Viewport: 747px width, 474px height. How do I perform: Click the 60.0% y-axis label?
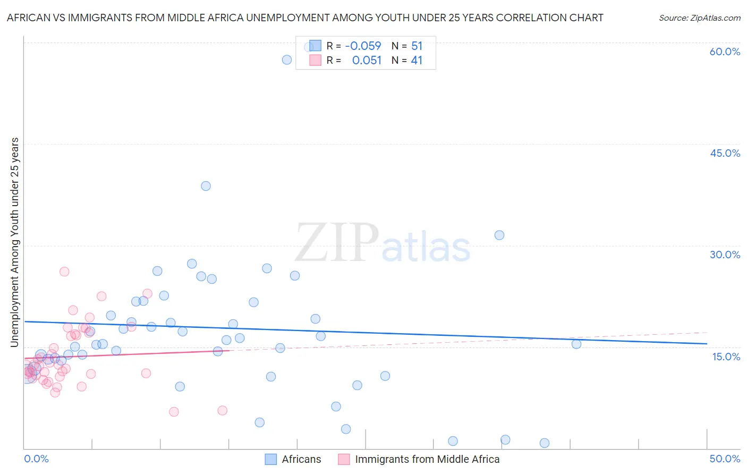[x=725, y=52]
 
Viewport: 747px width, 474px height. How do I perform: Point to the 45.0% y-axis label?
[x=725, y=153]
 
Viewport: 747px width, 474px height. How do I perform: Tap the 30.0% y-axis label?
[x=725, y=255]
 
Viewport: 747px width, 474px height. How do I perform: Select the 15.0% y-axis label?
[x=726, y=357]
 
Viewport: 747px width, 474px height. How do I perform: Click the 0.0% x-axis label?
[x=36, y=459]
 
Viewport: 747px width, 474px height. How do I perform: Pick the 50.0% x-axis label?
[x=725, y=459]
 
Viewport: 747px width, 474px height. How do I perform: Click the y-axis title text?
[x=14, y=242]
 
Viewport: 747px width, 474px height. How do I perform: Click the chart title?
[x=305, y=18]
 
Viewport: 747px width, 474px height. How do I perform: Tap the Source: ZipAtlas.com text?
[x=699, y=18]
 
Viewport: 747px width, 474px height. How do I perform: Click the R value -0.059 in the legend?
[x=363, y=46]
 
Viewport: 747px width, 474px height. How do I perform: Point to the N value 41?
[x=417, y=61]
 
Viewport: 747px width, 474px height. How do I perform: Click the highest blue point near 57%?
[x=287, y=60]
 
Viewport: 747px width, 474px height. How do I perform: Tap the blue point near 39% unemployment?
[x=206, y=186]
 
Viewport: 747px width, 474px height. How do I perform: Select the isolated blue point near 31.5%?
[x=499, y=235]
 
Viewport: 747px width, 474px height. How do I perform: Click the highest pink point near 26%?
[x=64, y=272]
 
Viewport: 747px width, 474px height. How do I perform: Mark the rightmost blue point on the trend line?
[x=576, y=344]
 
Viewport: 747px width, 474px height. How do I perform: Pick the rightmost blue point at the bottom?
[x=545, y=443]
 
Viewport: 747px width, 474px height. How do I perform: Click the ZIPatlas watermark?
[x=383, y=244]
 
